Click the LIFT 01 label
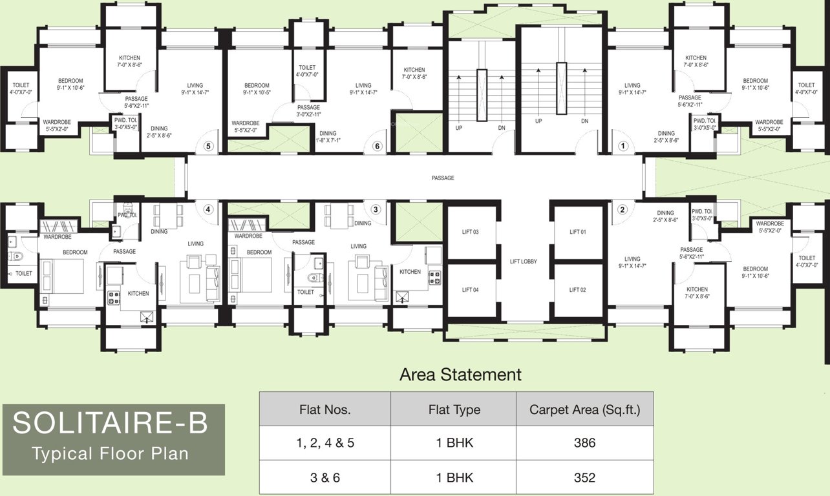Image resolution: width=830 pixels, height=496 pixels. [x=578, y=232]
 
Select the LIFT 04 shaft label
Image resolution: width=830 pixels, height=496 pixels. [x=471, y=290]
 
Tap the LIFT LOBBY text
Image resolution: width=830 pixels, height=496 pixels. [x=524, y=262]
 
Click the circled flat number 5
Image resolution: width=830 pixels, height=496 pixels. [x=208, y=146]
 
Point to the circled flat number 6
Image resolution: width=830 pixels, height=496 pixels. [x=378, y=146]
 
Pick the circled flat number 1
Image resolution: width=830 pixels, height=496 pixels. [x=623, y=146]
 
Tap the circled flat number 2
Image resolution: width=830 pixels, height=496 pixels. [x=622, y=209]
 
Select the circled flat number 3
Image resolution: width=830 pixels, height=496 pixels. [x=376, y=209]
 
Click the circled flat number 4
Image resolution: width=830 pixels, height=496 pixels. [x=208, y=209]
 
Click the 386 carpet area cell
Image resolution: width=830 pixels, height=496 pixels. [x=584, y=443]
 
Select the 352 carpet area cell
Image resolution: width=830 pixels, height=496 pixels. [x=584, y=478]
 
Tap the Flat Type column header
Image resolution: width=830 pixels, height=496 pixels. [x=454, y=409]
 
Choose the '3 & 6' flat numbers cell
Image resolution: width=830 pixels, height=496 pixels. [x=325, y=478]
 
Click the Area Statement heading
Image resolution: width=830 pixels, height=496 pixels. [x=460, y=375]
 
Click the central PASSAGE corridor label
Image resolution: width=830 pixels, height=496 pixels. [x=443, y=178]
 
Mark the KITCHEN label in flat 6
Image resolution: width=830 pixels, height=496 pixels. [x=414, y=70]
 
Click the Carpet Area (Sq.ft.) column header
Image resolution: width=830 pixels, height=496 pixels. [x=584, y=409]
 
